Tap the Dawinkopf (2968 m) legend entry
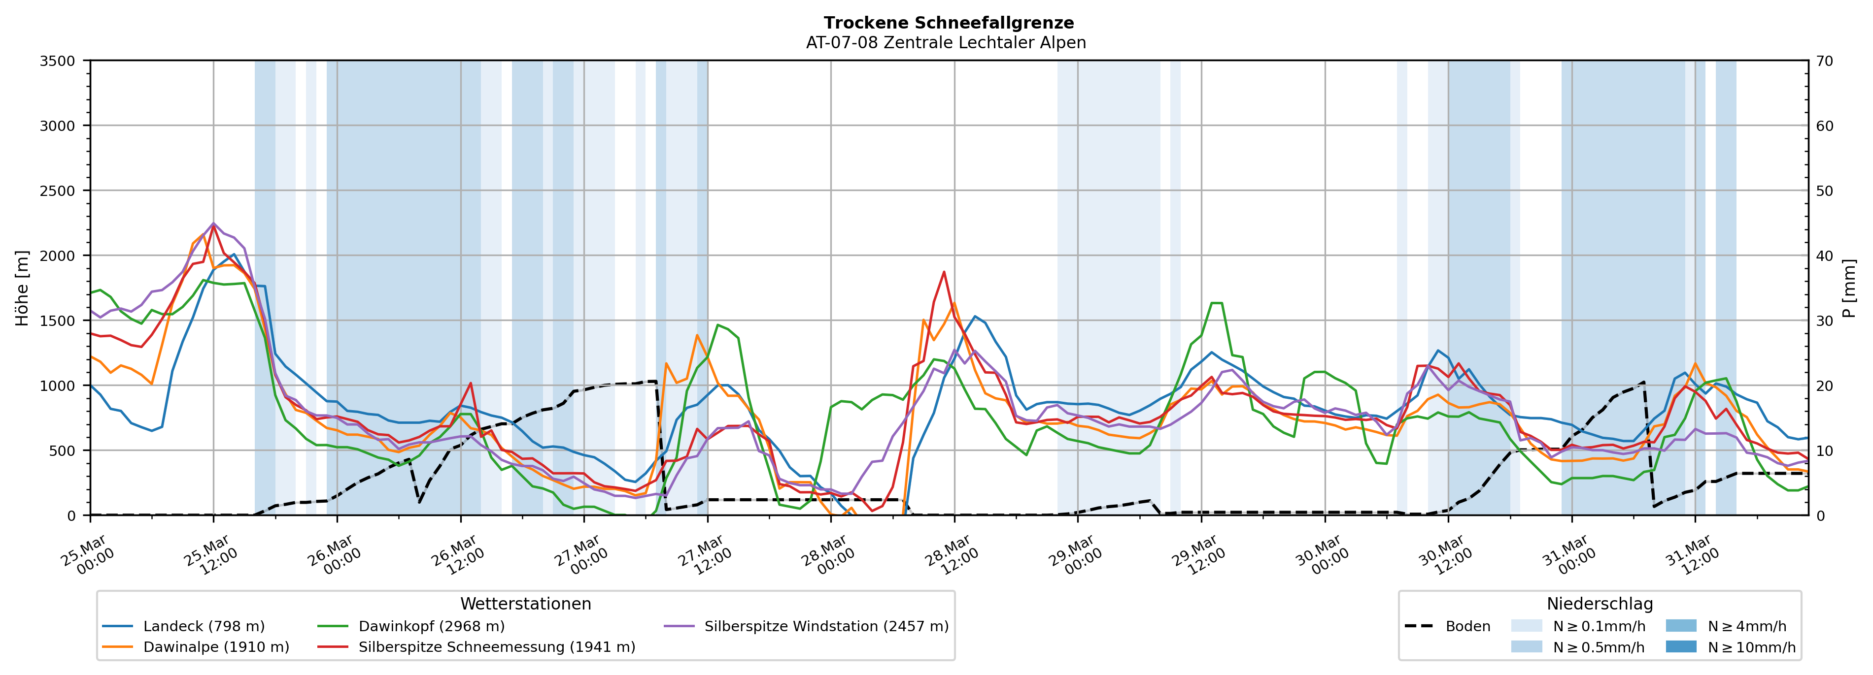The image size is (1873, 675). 431,626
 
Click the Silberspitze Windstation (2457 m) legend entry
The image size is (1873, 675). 826,626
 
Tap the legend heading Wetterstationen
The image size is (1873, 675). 526,604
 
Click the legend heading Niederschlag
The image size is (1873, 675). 1600,604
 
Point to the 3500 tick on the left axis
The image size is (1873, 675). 58,61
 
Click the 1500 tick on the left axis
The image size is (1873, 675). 58,321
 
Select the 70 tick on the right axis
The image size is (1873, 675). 1824,61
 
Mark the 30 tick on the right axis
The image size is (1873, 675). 1824,321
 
